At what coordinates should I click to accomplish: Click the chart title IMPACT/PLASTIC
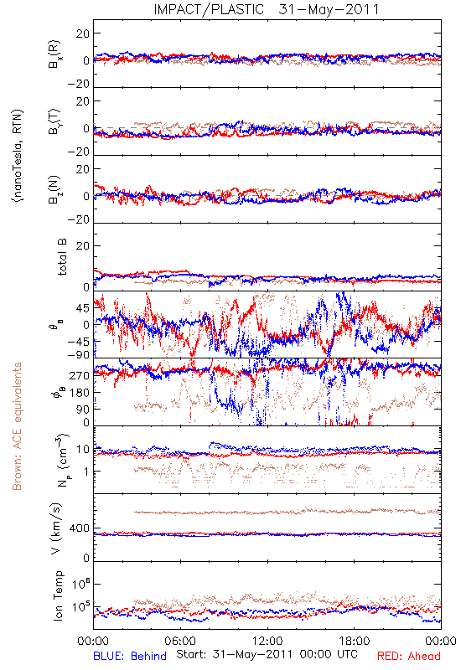tap(209, 9)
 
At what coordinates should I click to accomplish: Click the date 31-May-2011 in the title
tap(329, 9)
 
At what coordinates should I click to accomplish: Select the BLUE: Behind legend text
tap(130, 656)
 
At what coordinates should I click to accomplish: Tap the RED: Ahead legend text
tap(408, 656)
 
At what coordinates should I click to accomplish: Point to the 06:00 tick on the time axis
tap(180, 641)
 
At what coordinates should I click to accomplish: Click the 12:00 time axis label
tap(267, 641)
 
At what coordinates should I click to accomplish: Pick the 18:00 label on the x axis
tap(355, 641)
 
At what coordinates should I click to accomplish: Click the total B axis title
tap(62, 257)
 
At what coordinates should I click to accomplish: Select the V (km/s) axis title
tap(56, 528)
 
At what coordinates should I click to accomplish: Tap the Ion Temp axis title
tap(58, 595)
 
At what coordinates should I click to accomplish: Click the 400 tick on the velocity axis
tap(80, 528)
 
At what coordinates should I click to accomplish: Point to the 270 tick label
tap(80, 375)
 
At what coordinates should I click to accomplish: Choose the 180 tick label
tap(80, 392)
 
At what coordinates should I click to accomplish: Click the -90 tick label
tap(78, 354)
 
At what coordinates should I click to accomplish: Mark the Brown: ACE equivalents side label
tap(17, 426)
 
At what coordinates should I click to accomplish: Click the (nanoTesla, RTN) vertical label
tap(18, 156)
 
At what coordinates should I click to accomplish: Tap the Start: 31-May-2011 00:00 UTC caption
tap(267, 654)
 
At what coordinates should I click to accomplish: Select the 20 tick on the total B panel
tap(83, 245)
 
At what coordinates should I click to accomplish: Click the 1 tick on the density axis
tap(87, 472)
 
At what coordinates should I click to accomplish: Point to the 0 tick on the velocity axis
tap(86, 558)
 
